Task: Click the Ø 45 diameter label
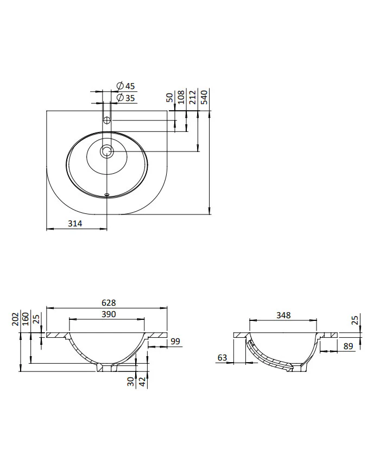[126, 86]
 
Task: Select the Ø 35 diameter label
[126, 98]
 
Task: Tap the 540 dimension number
[205, 97]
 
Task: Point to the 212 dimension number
[193, 97]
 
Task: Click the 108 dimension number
[181, 97]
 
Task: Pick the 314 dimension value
[74, 223]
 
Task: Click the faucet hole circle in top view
[106, 121]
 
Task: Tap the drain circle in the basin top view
[106, 151]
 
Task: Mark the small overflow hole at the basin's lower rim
[106, 194]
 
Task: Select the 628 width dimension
[109, 302]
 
